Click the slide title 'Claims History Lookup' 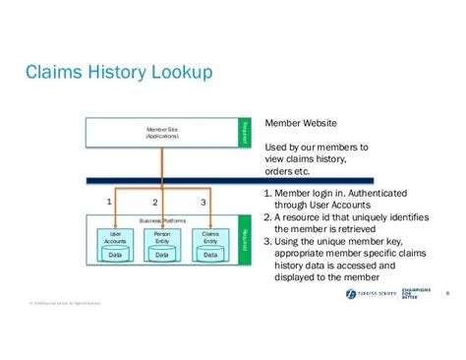point(116,74)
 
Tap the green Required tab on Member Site point(244,133)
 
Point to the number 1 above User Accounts point(109,202)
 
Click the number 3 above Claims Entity point(203,202)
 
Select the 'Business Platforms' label point(162,221)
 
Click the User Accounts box point(116,237)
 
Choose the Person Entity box point(162,237)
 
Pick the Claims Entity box point(209,237)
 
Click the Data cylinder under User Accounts point(116,254)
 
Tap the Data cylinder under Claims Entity point(209,254)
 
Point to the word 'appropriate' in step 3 point(313,252)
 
